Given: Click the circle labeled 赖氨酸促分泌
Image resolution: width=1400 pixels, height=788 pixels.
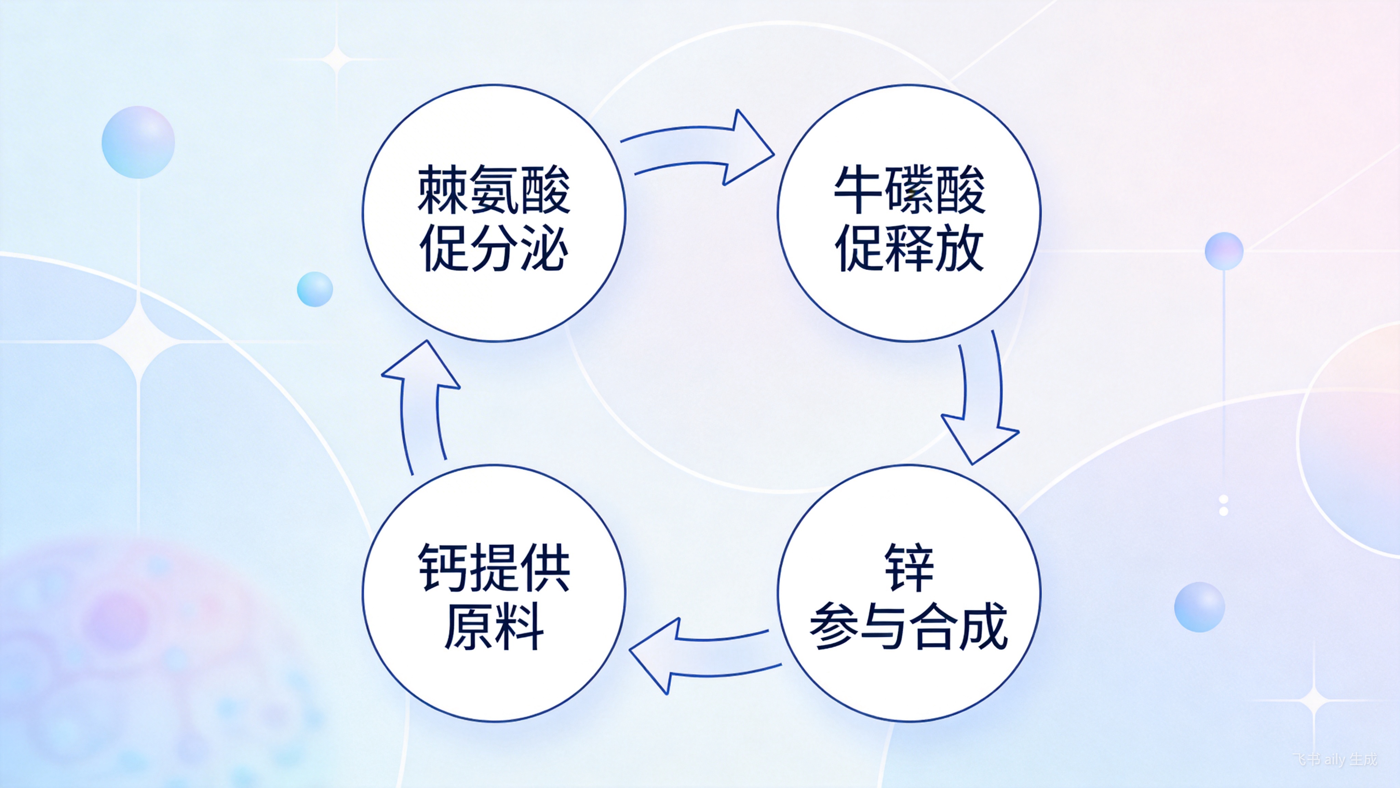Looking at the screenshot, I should pos(494,213).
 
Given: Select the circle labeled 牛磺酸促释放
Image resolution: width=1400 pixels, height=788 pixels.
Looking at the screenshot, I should pos(909,213).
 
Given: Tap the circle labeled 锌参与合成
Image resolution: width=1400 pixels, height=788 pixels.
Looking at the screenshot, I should pos(909,593).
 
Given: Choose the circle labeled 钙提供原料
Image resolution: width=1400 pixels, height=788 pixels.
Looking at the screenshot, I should pos(494,593).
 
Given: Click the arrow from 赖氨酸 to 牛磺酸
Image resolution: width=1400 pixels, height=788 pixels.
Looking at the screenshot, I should pos(701,147).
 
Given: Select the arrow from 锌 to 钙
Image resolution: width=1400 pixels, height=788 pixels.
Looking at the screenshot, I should pos(701,655).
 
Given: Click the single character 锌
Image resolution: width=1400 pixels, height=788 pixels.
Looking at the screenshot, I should pos(909,567).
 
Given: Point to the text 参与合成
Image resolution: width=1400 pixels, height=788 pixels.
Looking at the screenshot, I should pos(909,627).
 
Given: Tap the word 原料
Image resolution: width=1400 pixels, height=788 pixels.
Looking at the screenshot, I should pos(494,627).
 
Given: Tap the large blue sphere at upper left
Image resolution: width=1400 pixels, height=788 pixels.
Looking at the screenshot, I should pos(138,142).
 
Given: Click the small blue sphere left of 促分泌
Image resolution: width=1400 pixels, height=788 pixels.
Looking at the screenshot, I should pos(315,289).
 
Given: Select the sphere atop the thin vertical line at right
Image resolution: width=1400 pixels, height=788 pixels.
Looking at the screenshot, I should pos(1224,251).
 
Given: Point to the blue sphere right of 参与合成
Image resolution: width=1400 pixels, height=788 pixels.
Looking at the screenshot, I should pos(1199,607).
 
